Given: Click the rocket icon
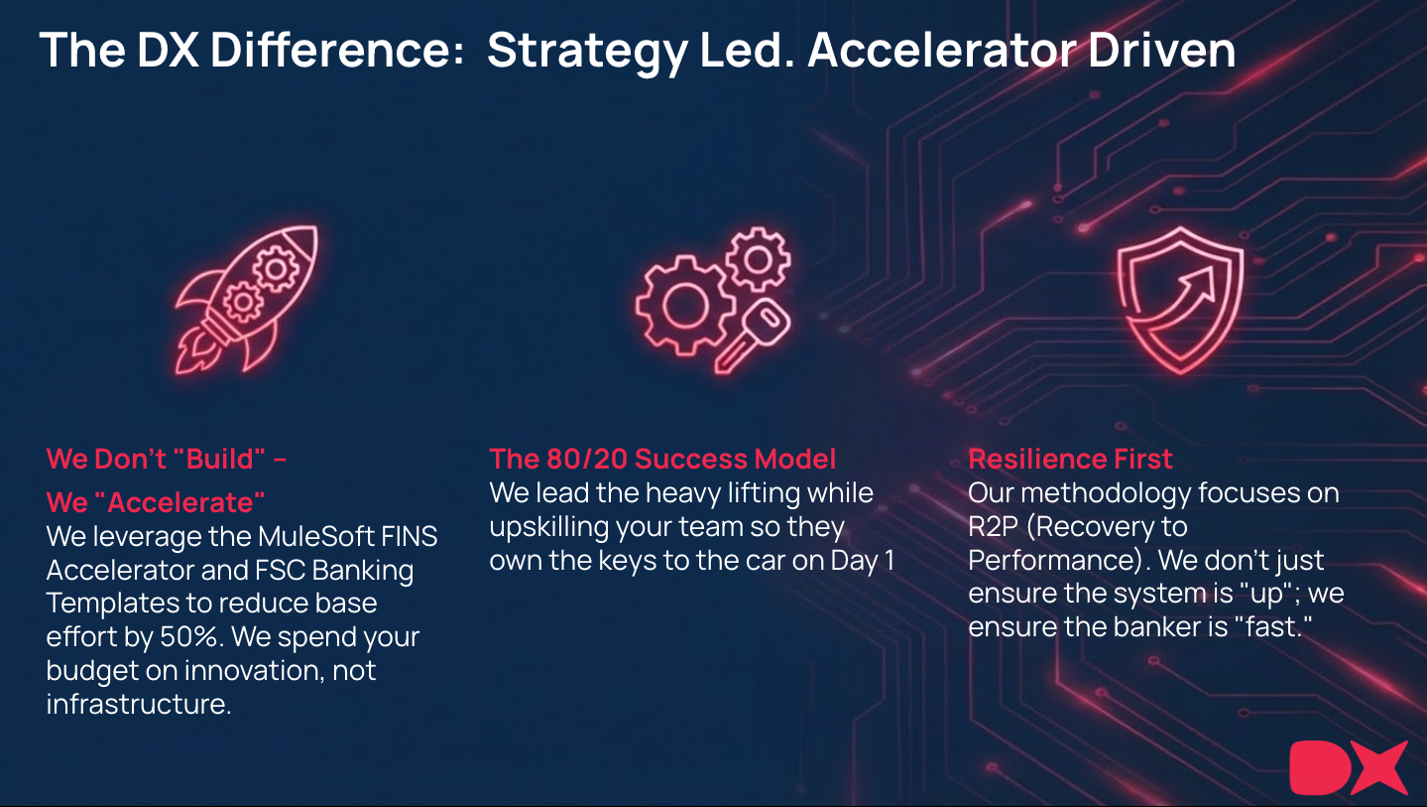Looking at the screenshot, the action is point(246,299).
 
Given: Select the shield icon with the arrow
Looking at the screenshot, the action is point(1180,300).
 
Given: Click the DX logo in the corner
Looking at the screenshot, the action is point(1348,767).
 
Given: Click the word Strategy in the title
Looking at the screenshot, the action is point(587,51).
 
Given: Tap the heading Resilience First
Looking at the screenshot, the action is point(1070,459).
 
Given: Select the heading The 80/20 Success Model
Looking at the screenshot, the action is point(662,459).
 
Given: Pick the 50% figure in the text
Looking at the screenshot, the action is point(189,636).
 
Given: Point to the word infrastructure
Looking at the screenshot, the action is point(138,704).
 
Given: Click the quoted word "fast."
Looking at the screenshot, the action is point(1273,626).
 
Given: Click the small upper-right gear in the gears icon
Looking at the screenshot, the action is point(758,259).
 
